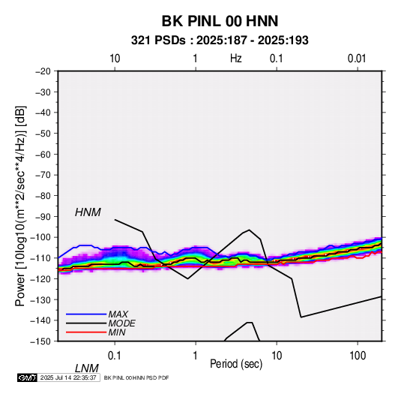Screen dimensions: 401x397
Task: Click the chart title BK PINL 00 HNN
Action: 220,21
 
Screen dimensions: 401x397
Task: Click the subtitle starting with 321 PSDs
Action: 220,41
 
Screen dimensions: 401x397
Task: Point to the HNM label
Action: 88,212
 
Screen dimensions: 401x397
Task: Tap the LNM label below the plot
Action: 87,368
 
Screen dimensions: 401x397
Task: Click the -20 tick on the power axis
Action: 43,71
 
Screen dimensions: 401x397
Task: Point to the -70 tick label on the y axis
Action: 43,175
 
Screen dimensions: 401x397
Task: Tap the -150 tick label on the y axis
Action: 40,341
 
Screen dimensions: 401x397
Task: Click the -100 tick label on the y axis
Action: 40,237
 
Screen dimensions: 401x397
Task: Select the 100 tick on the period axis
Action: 358,356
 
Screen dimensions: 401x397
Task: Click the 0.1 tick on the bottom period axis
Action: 115,356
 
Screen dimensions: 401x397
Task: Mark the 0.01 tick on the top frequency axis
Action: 357,59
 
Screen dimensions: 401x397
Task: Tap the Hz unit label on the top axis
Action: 236,59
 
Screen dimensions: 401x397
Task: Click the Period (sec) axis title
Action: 236,364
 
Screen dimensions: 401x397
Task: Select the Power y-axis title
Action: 20,206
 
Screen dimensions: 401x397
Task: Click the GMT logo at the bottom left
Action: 28,377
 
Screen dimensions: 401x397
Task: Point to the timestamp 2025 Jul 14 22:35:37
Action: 68,377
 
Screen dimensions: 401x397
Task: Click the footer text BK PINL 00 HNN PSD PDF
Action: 136,377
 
